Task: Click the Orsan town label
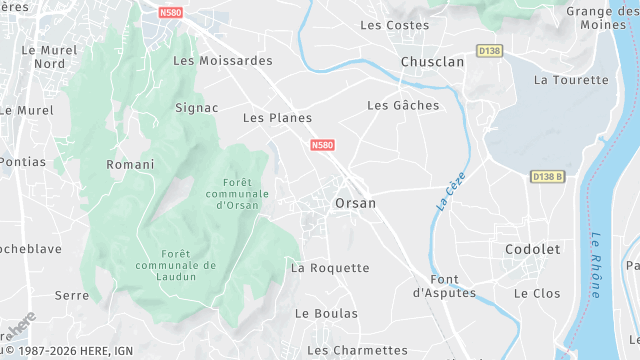click(355, 203)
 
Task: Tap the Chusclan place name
click(432, 62)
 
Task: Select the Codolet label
click(532, 249)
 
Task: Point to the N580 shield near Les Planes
click(322, 145)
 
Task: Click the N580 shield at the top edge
click(171, 13)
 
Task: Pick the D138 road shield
click(489, 50)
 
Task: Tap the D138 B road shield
click(548, 177)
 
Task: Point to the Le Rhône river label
click(595, 265)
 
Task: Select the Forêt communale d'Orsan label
click(231, 193)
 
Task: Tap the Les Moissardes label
click(223, 60)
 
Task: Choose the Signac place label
click(196, 107)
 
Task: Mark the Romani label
click(130, 164)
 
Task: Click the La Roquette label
click(330, 268)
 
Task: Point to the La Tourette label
click(571, 80)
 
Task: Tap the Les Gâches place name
click(403, 105)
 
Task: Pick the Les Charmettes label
click(357, 350)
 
